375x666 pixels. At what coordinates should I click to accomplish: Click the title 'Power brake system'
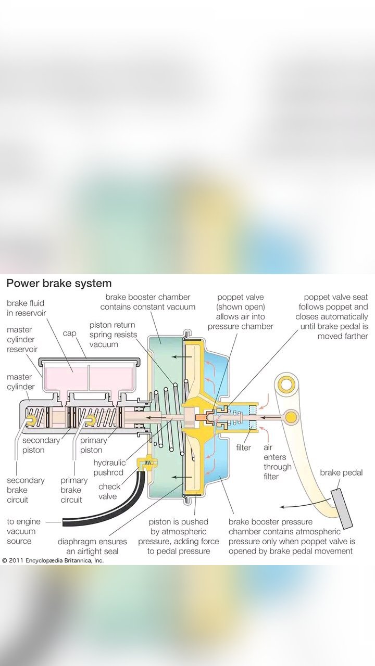(x=59, y=284)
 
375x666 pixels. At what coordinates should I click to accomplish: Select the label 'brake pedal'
(x=341, y=473)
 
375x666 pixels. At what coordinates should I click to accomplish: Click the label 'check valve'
(x=109, y=491)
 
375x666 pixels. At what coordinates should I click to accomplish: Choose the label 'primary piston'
(x=93, y=445)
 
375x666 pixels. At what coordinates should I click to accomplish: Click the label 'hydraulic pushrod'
(x=108, y=468)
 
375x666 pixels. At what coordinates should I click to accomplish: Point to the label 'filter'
(x=243, y=447)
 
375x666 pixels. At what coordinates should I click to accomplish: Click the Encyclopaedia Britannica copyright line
(x=53, y=560)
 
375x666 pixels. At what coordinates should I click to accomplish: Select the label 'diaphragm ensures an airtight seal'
(x=92, y=546)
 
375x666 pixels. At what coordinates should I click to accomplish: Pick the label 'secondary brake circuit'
(x=26, y=490)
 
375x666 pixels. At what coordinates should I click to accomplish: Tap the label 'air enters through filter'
(x=278, y=462)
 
